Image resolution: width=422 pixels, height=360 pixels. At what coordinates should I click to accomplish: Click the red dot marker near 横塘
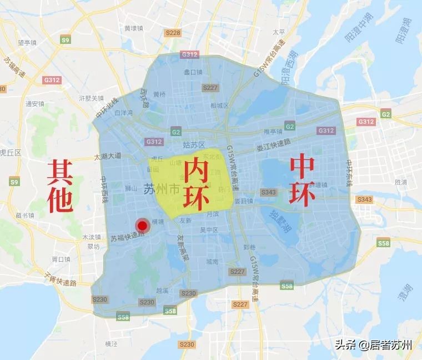tap(143, 226)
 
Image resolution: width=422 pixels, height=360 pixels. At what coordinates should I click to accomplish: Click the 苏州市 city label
tap(162, 190)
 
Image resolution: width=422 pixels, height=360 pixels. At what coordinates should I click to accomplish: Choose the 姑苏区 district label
tap(194, 145)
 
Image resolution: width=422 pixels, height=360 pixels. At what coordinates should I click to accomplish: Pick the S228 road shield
tap(173, 33)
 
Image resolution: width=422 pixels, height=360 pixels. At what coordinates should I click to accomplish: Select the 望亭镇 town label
tap(27, 42)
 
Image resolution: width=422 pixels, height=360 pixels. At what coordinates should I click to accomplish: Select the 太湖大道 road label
tap(107, 157)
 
